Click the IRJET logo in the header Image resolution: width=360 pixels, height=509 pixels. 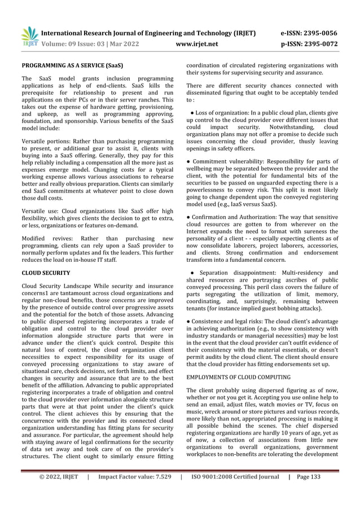coord(29,36)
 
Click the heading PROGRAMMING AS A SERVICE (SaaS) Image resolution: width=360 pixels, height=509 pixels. coord(72,66)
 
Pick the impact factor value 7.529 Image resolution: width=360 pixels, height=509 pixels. coord(160,477)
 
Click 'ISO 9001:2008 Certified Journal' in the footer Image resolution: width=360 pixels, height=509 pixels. coord(235,477)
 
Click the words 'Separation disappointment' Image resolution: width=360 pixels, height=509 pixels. coord(240,272)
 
